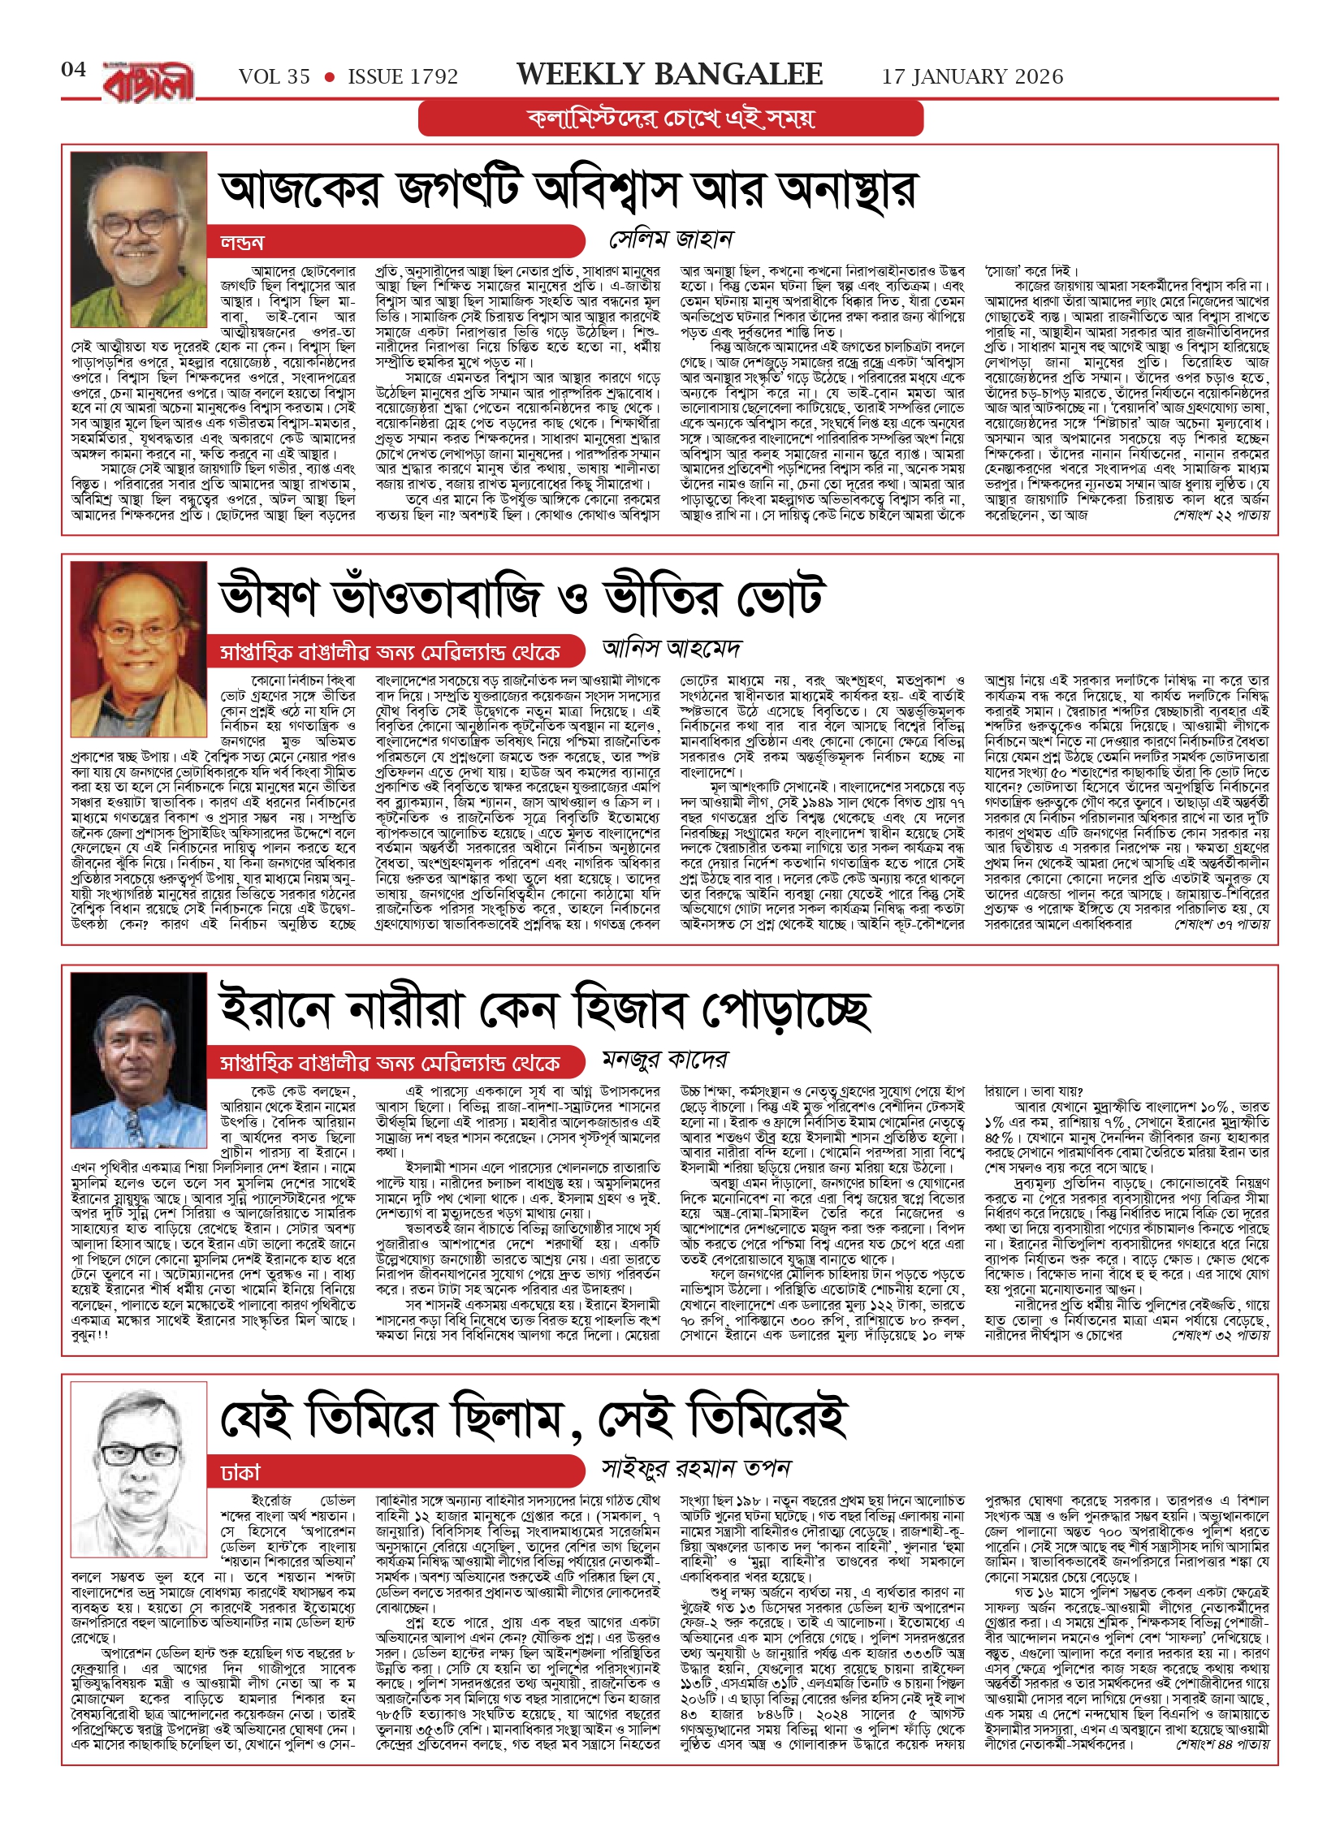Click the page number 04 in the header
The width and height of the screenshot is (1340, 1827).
(73, 70)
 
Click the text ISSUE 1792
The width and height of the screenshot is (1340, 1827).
(403, 77)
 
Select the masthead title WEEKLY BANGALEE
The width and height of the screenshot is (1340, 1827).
(669, 75)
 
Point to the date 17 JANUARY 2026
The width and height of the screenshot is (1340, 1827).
(972, 77)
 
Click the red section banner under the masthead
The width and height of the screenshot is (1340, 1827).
(671, 119)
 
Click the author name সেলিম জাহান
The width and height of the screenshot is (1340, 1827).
(671, 239)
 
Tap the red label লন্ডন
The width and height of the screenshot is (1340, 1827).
(242, 242)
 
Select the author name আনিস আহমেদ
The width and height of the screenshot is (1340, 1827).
(671, 648)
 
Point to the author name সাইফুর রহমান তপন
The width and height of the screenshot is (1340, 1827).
(695, 1468)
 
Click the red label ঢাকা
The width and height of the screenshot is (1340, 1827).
(240, 1472)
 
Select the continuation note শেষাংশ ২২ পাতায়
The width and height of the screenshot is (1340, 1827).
(1221, 516)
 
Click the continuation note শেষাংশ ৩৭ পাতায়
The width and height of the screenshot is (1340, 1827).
(1221, 924)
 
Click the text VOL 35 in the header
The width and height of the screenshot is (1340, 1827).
(274, 77)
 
